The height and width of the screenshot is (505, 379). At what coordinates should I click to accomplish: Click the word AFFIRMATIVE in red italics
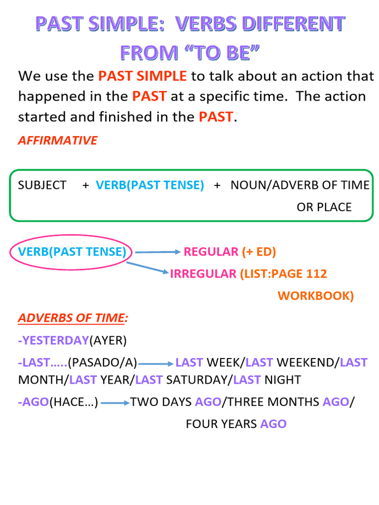57,141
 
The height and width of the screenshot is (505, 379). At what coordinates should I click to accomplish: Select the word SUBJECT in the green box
42,185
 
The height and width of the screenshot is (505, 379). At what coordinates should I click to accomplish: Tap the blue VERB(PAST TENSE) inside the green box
150,185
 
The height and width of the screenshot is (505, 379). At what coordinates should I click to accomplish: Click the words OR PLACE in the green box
324,207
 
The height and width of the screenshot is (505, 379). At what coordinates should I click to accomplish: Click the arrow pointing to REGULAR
158,252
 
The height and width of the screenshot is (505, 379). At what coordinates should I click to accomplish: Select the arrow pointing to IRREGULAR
148,268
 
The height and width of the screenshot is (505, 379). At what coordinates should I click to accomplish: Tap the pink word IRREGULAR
203,274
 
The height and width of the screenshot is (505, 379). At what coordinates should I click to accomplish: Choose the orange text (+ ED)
259,252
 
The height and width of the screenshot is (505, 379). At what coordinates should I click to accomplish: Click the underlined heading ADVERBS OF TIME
71,318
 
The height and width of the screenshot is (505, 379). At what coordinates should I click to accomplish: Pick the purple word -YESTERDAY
53,340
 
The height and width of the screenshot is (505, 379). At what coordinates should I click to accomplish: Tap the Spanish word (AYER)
108,340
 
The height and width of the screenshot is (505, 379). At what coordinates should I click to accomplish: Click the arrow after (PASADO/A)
156,364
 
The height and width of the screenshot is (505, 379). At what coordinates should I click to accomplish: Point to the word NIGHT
282,380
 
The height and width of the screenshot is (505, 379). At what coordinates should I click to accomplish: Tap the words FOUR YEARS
221,424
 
